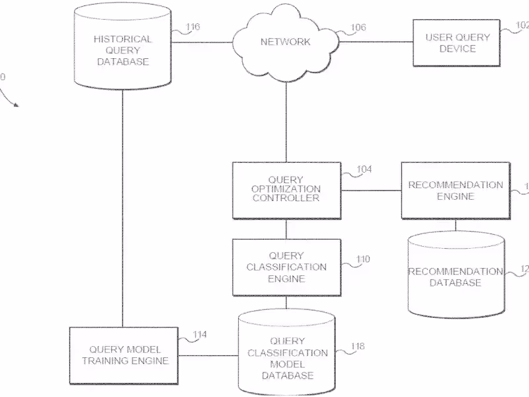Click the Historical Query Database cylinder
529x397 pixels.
point(123,50)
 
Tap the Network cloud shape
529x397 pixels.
point(285,42)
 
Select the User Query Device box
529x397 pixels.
point(457,42)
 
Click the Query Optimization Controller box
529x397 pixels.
point(286,190)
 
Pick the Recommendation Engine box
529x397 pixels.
point(455,190)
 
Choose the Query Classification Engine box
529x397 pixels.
point(286,267)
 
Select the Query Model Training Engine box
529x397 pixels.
point(125,355)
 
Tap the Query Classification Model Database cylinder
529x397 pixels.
point(286,357)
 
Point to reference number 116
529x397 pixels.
point(192,27)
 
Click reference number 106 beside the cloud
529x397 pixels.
point(358,27)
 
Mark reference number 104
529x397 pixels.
point(364,169)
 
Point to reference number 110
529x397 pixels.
point(363,259)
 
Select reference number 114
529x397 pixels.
point(199,335)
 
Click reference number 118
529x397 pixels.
point(358,346)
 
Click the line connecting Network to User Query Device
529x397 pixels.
point(376,42)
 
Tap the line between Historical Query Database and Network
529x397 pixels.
point(201,42)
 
